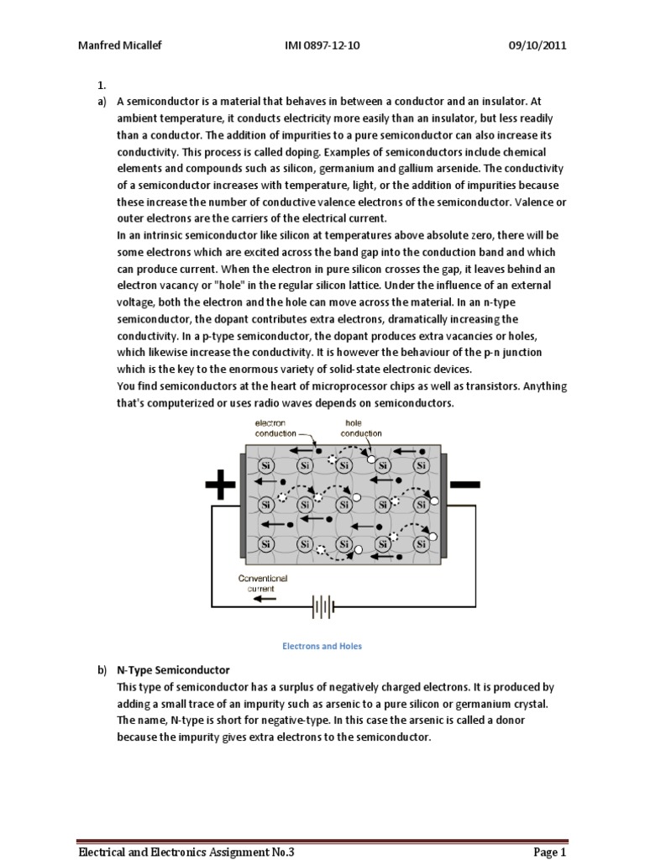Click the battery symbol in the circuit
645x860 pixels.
322,607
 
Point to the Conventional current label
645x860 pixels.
263,583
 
